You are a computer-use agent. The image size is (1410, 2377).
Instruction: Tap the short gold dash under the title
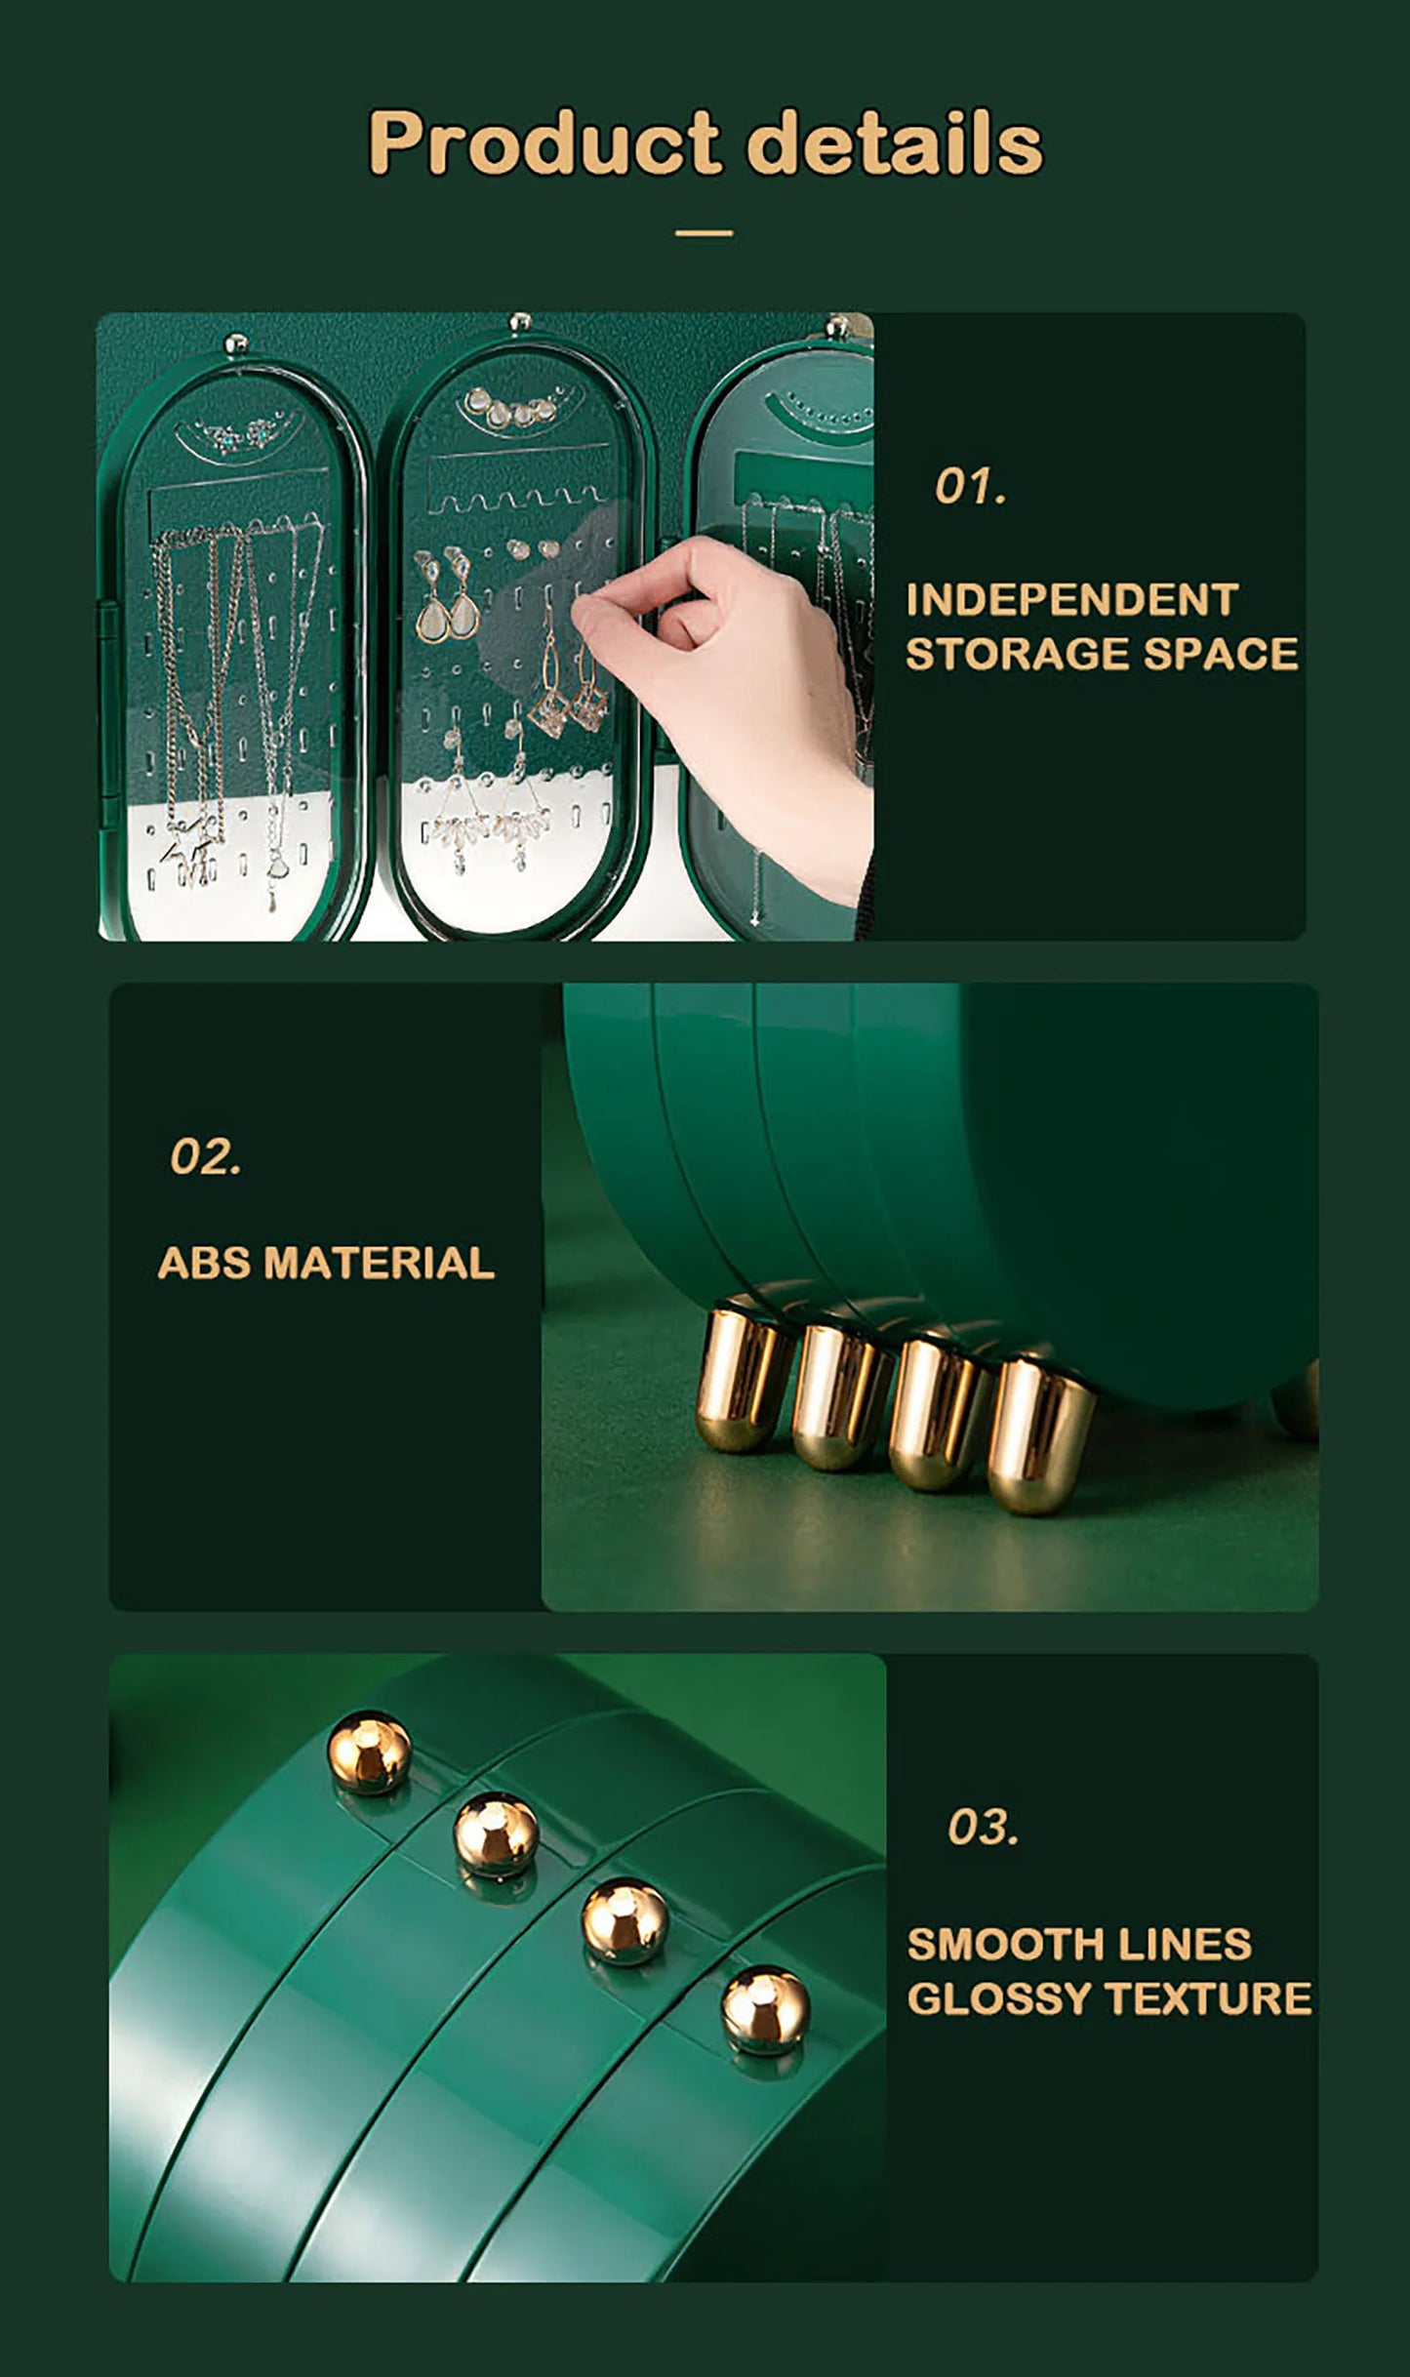tap(704, 233)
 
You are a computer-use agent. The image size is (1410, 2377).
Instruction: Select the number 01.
tap(969, 486)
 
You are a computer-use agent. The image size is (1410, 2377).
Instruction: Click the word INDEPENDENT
tap(1071, 600)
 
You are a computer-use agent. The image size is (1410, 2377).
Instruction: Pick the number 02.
tap(205, 1157)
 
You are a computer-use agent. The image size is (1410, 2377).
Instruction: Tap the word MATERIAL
tap(379, 1263)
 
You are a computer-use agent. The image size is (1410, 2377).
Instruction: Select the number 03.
tap(982, 1827)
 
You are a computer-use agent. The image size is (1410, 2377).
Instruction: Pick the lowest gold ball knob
tap(765, 2009)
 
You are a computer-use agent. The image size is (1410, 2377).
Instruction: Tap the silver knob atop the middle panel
tap(520, 322)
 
